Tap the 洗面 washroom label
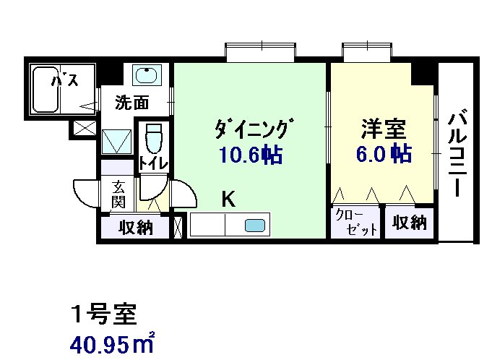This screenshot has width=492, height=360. point(132,103)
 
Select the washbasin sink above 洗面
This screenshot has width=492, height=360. point(148,75)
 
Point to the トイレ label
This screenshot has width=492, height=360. point(153,163)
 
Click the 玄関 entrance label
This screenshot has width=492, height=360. point(118,193)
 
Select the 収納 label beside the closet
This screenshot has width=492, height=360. point(410,223)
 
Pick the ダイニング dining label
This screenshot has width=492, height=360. point(252,130)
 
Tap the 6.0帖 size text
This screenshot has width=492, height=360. point(383,154)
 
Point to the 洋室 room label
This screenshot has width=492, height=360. point(384,130)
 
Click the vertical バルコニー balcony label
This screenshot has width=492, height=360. point(456,153)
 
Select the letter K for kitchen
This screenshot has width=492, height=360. point(228,199)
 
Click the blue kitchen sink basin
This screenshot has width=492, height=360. point(255,226)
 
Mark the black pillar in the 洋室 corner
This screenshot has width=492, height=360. point(423,73)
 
